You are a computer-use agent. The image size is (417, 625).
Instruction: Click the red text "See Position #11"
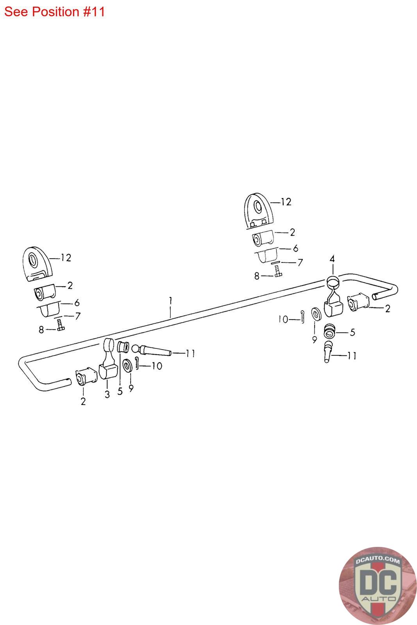[54, 12]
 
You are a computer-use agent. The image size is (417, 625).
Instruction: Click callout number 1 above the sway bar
[170, 301]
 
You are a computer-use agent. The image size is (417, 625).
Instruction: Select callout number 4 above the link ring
[332, 259]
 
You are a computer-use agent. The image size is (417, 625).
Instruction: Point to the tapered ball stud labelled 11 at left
[151, 350]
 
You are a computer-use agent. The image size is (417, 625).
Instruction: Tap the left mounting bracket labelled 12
[37, 264]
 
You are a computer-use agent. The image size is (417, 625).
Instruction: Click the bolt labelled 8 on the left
[60, 325]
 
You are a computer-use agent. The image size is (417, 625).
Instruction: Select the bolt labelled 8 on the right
[278, 271]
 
